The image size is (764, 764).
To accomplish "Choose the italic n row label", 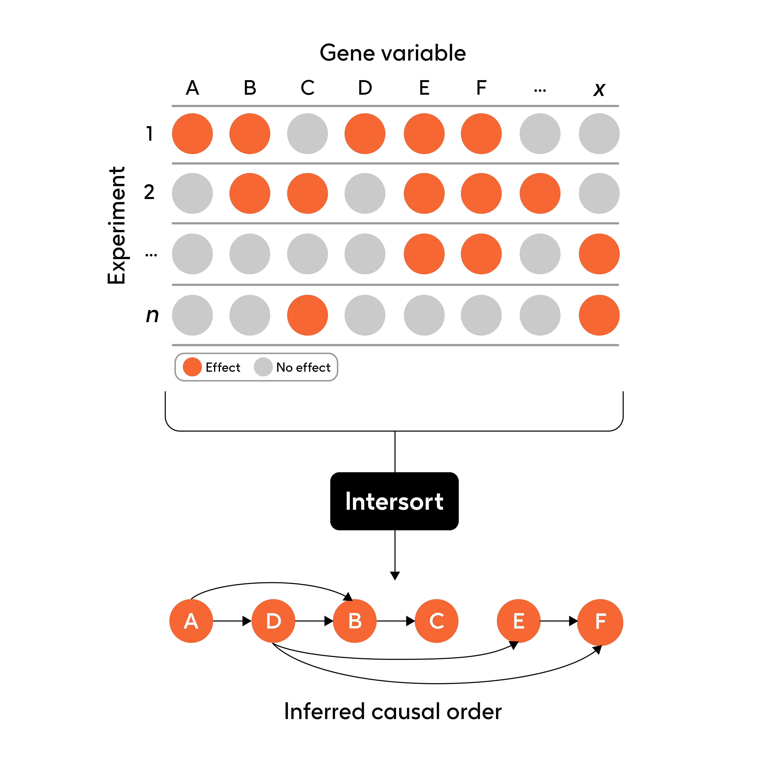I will click(x=152, y=315).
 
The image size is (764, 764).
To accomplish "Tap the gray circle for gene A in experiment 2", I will click(x=192, y=193).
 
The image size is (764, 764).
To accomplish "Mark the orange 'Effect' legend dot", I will click(x=192, y=367).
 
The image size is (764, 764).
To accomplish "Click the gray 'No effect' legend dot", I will click(x=263, y=367).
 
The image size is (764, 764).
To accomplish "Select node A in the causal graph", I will click(x=191, y=621).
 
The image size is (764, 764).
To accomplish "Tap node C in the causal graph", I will click(x=437, y=621).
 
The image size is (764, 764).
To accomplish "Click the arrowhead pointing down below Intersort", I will click(x=395, y=575).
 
